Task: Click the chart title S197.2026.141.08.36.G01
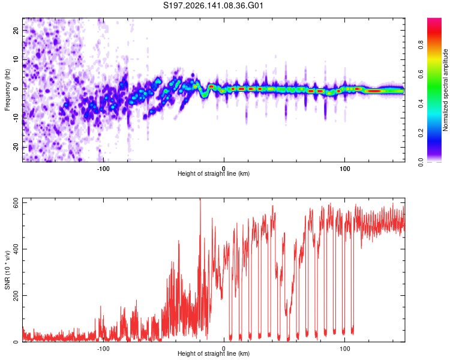coord(213,5)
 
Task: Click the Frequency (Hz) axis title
coord(7,90)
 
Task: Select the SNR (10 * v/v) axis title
coord(7,270)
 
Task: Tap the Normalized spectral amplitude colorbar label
coord(445,90)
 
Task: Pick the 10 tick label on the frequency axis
coord(16,59)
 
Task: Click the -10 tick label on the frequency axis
coord(16,118)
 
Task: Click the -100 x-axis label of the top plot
coord(103,169)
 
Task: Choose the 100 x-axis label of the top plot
coord(344,169)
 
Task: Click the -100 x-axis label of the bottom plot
coord(103,349)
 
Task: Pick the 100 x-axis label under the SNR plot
coord(344,349)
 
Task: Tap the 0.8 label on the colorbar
coord(421,45)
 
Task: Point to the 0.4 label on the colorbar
coord(421,103)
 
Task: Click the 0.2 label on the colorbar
coord(421,133)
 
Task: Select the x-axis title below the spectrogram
coord(214,173)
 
